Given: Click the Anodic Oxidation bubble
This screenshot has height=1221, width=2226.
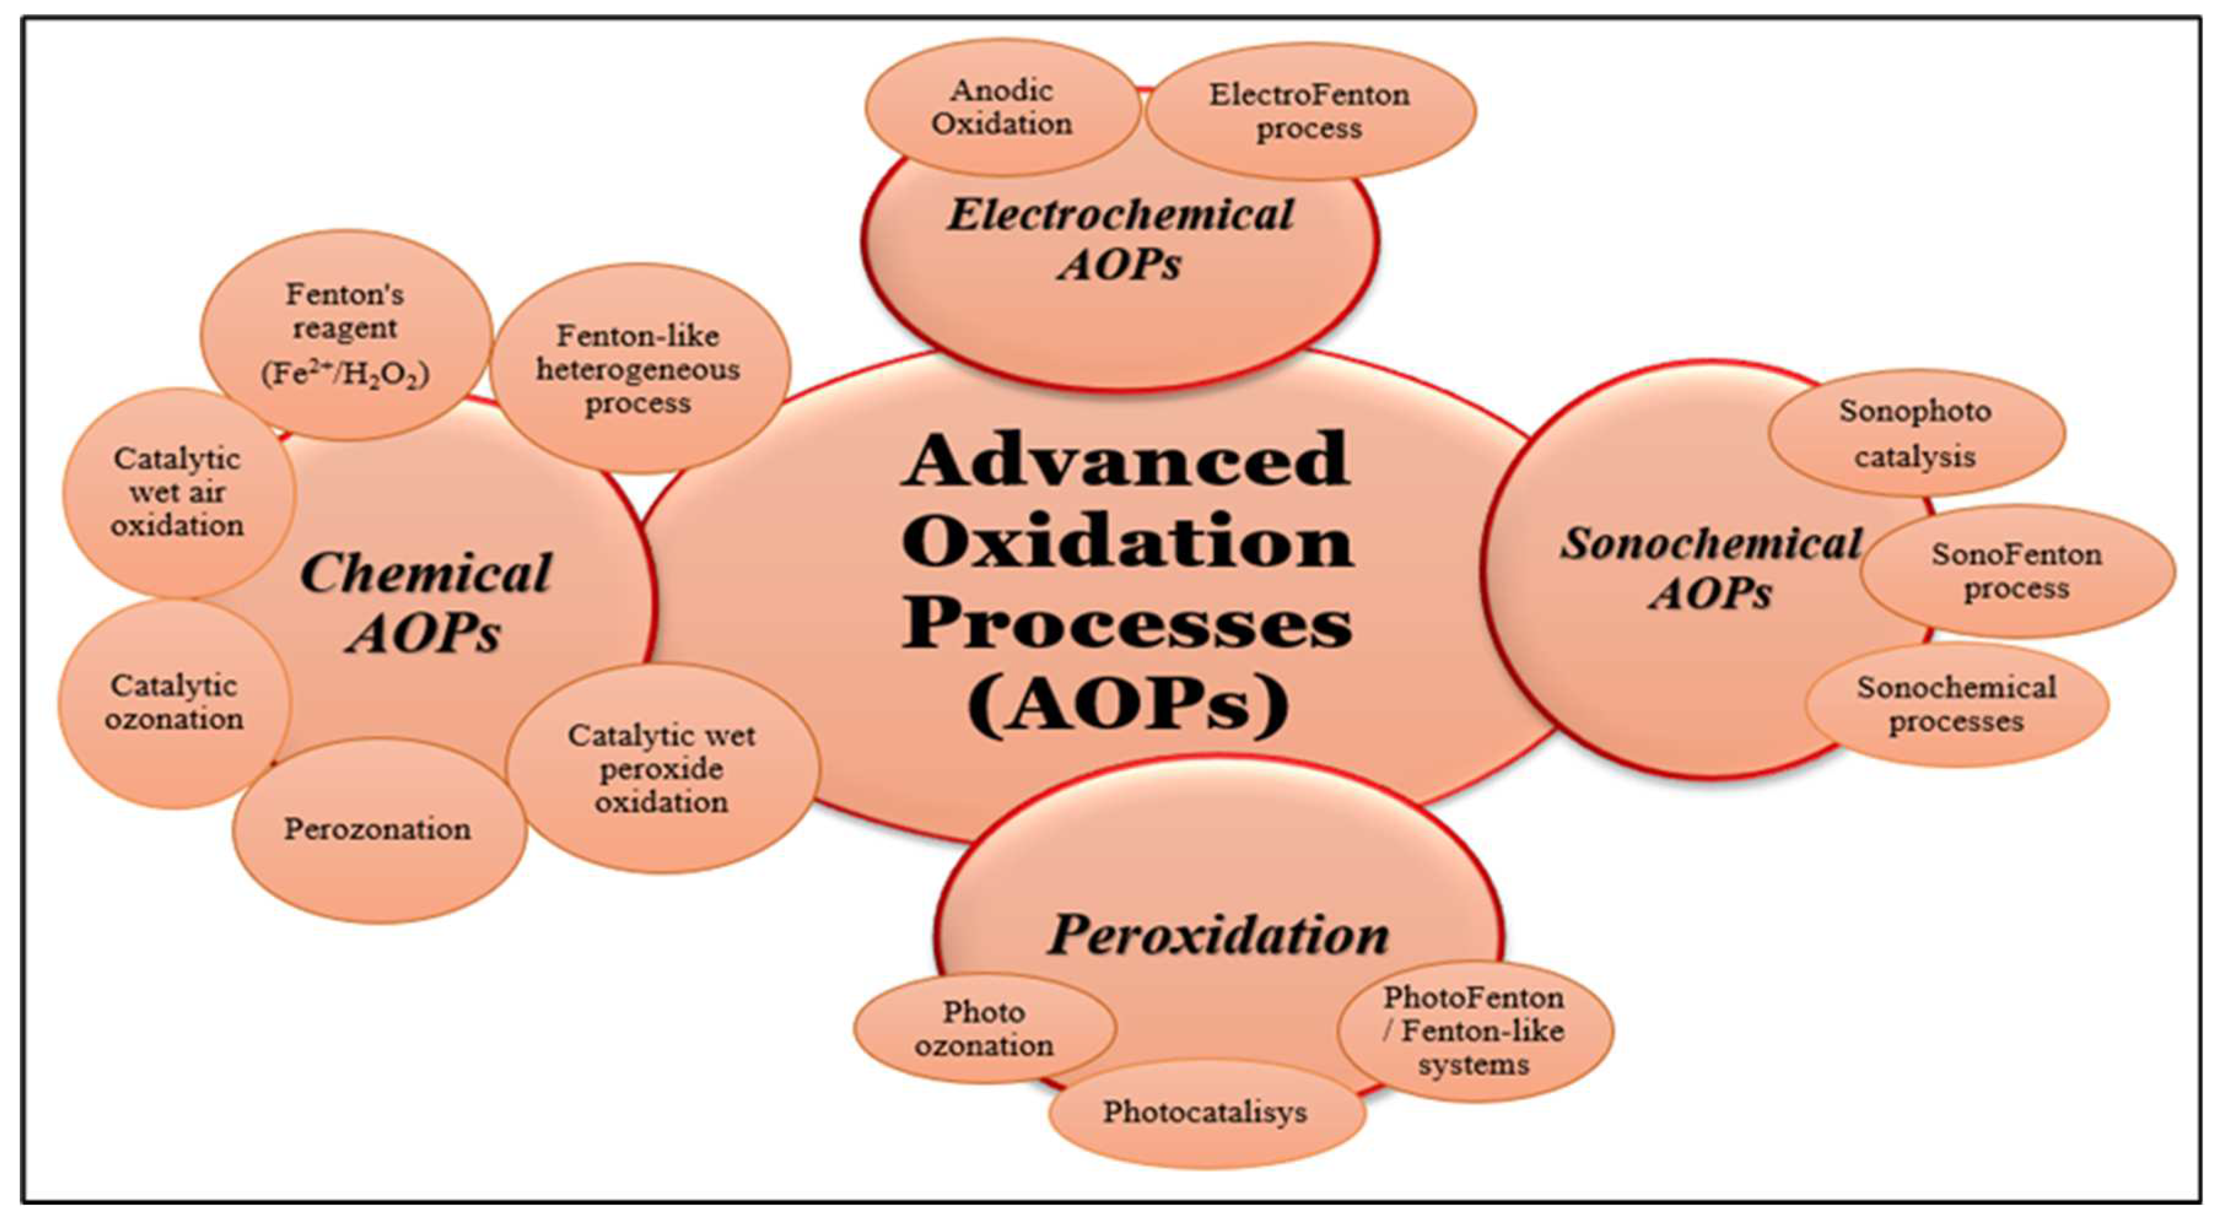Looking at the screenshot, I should (x=1002, y=107).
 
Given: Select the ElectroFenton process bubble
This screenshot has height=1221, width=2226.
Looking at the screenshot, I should (x=1308, y=110).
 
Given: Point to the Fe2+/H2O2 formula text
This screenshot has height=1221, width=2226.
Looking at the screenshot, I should (x=346, y=374).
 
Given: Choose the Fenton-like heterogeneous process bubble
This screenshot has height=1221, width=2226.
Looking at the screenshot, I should (x=639, y=369).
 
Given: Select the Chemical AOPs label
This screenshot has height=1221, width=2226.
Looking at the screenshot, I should (x=425, y=603).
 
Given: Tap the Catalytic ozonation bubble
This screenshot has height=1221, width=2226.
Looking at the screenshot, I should (x=174, y=703).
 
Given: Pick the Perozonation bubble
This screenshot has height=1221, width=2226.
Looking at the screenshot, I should (x=377, y=830).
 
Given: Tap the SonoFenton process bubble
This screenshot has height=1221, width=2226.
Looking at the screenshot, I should (x=2016, y=571).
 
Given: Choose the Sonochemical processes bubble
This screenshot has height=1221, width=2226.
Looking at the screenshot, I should (x=1957, y=704).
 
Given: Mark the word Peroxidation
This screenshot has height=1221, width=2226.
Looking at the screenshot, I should (x=1218, y=935).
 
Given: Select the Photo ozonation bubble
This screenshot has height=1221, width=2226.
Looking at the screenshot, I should (x=984, y=1028).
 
